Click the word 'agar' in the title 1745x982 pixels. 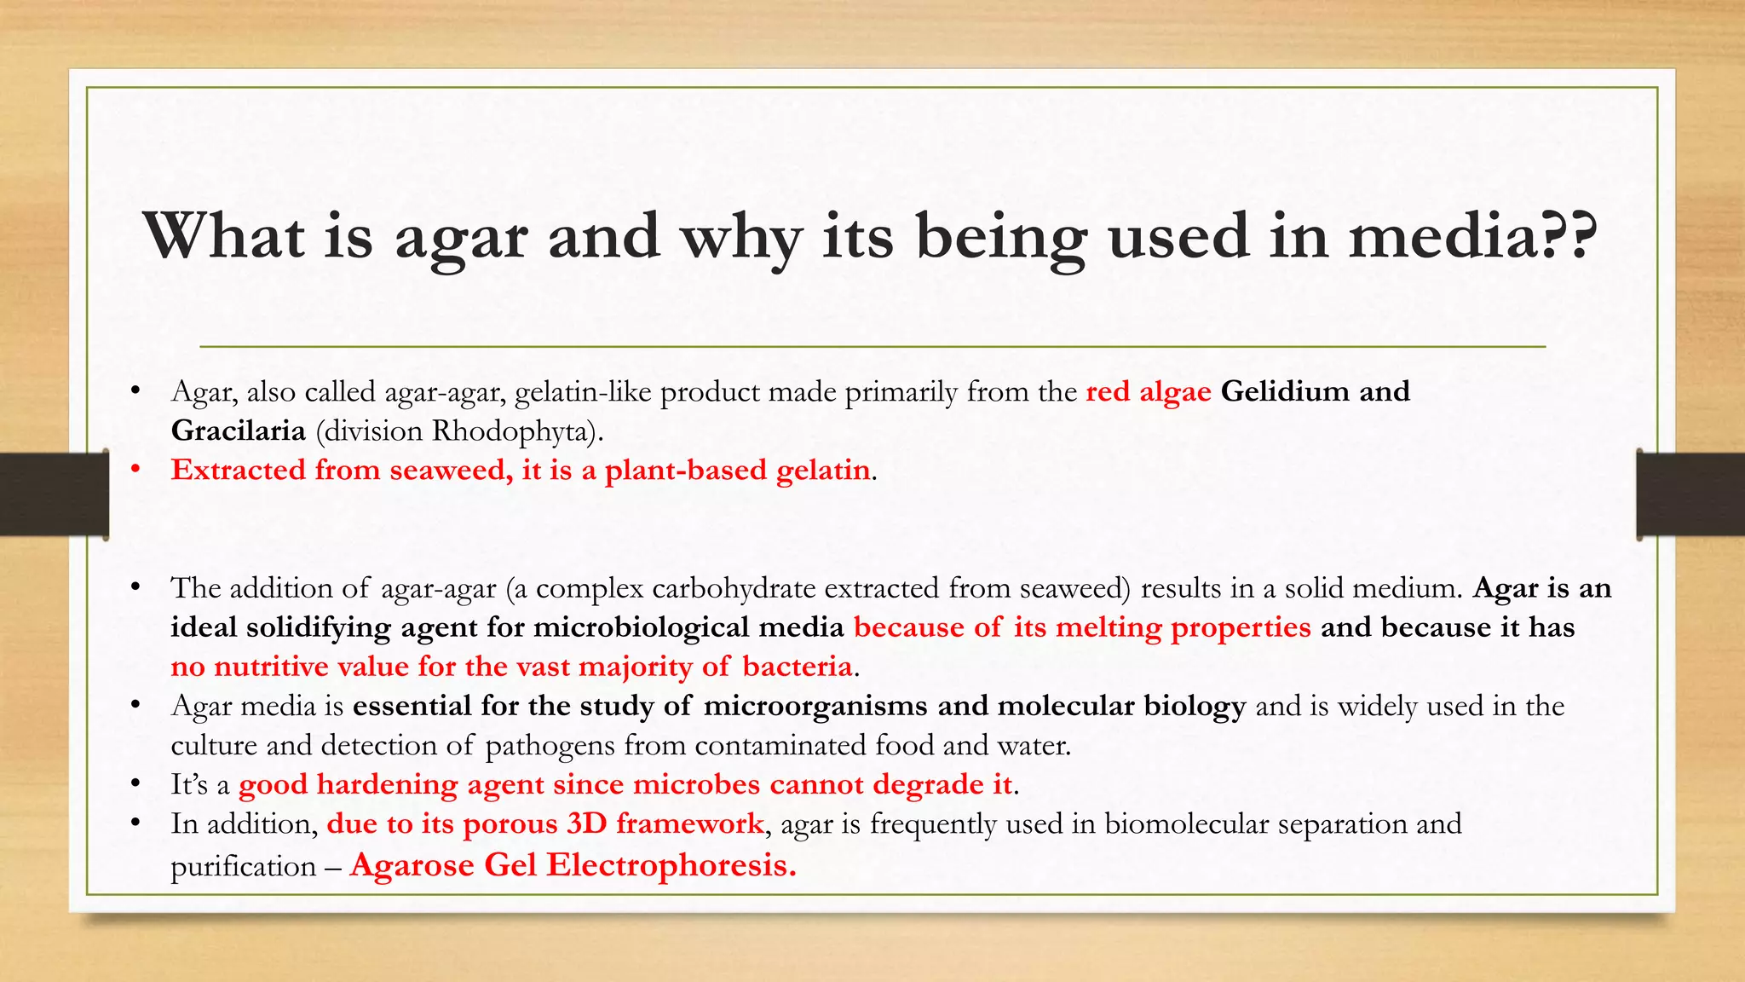pos(461,237)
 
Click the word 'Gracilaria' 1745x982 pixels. pos(238,430)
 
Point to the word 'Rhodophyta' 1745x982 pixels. pos(510,430)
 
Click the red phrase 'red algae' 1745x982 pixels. pos(1148,391)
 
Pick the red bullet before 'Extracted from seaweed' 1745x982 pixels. pos(135,470)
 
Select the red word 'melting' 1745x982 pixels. pos(1108,627)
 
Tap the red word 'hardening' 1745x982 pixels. pos(387,784)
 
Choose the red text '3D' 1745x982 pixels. pos(586,823)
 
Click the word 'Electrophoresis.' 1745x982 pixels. pos(671,865)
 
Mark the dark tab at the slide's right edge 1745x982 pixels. pos(1690,494)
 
